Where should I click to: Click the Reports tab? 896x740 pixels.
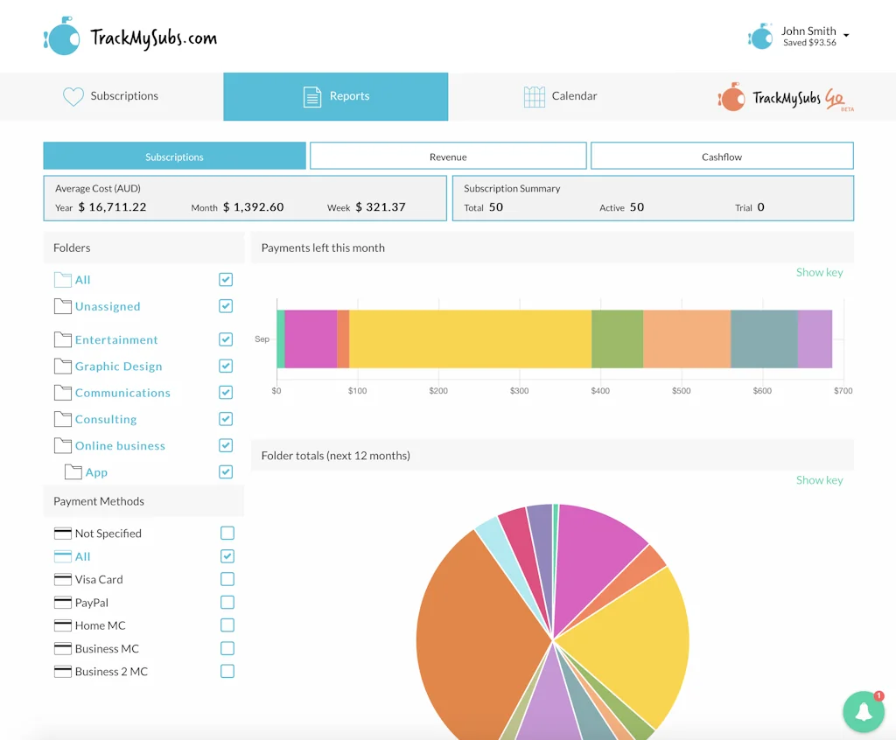[336, 96]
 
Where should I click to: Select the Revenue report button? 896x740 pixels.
[448, 157]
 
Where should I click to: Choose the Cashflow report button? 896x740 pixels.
[722, 157]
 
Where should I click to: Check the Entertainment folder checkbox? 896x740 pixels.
[226, 339]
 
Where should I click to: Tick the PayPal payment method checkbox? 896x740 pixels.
[227, 603]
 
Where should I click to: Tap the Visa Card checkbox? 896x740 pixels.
[227, 579]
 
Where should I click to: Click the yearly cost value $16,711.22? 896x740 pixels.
[113, 207]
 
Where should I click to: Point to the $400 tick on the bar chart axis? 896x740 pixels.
[600, 391]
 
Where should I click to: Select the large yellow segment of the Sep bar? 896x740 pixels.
[470, 339]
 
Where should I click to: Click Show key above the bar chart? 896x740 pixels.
[819, 272]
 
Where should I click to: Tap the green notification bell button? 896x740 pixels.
[864, 712]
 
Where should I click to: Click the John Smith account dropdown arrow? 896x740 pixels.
[846, 36]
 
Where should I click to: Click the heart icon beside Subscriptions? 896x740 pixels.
[73, 96]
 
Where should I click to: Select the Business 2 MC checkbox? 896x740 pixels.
[227, 672]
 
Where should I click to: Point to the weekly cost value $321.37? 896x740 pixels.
[381, 207]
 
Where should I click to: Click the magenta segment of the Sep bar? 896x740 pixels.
[311, 339]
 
